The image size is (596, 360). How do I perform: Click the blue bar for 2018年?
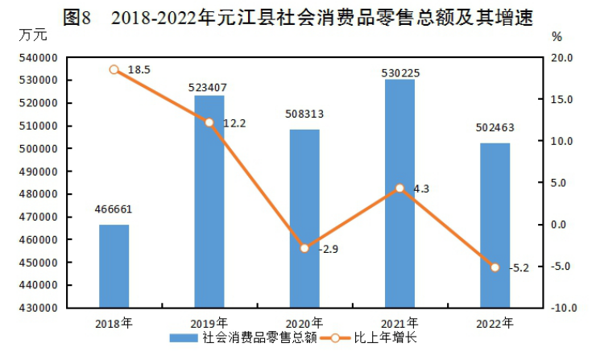tap(114, 266)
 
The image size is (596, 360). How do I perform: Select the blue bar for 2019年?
tap(209, 201)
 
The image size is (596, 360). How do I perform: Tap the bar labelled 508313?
tap(304, 218)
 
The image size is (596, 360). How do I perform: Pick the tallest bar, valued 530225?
tap(399, 193)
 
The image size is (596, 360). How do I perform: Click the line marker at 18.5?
tap(114, 70)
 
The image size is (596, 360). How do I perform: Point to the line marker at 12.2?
tap(209, 122)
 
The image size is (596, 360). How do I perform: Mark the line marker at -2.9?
tap(304, 248)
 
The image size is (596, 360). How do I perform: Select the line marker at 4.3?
tap(399, 188)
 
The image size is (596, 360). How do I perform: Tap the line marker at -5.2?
tap(495, 267)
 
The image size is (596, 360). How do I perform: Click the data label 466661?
tap(114, 210)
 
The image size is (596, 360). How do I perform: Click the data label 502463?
tap(495, 127)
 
